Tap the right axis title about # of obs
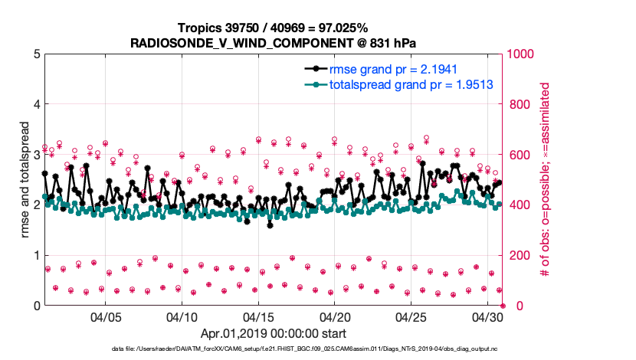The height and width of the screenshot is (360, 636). tap(546, 179)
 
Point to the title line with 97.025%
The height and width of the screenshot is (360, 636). tap(274, 28)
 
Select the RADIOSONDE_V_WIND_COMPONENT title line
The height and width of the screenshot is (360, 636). tap(274, 43)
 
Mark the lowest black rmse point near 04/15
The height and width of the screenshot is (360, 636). tap(270, 225)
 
